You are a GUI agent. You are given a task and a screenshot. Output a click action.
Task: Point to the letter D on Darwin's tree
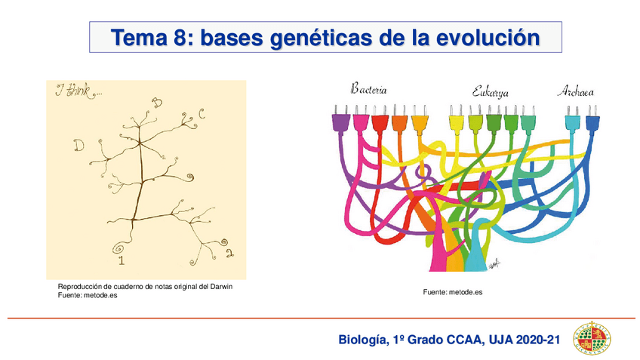(78, 145)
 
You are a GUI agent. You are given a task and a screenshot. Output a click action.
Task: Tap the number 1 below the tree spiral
(122, 261)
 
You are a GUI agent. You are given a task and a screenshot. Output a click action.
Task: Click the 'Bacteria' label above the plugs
(369, 89)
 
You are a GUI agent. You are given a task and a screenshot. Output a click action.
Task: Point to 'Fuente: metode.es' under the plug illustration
(452, 291)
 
